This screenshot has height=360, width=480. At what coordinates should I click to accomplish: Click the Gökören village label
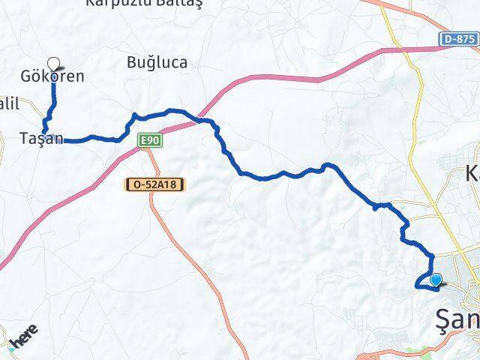click(x=52, y=76)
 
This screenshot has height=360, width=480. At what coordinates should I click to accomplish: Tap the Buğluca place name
click(x=157, y=63)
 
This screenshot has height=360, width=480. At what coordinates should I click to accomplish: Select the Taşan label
click(x=42, y=138)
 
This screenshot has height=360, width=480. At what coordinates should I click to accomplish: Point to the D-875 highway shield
click(x=457, y=39)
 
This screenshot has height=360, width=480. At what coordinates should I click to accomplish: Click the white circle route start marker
click(x=53, y=63)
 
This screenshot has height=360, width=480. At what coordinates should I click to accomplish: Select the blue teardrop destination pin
click(x=436, y=281)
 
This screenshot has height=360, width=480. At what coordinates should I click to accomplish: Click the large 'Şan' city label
click(x=457, y=321)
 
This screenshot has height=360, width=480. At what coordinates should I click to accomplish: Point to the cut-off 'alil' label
click(x=7, y=106)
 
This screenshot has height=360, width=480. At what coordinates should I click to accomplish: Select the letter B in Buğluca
click(x=132, y=63)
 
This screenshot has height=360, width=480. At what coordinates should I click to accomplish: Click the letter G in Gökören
click(x=26, y=76)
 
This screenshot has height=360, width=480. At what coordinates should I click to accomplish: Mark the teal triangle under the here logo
click(x=12, y=348)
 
